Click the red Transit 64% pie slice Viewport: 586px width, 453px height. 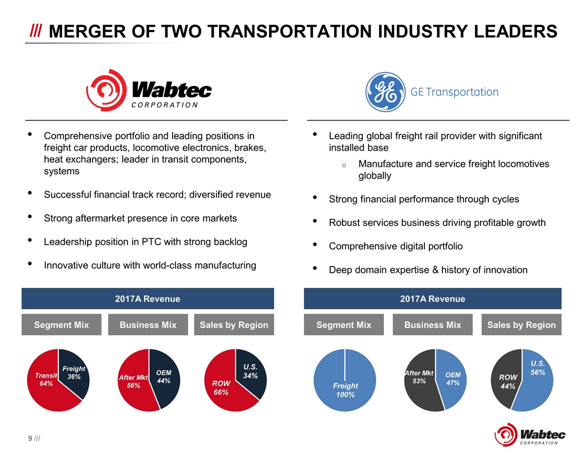44,389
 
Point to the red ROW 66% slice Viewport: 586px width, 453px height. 222,391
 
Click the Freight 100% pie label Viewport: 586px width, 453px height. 345,390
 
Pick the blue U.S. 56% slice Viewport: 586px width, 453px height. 536,377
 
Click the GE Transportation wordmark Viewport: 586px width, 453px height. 454,92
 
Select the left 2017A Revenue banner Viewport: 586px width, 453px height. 148,299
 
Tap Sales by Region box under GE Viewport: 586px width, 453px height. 521,325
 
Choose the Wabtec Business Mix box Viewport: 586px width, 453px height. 148,325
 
